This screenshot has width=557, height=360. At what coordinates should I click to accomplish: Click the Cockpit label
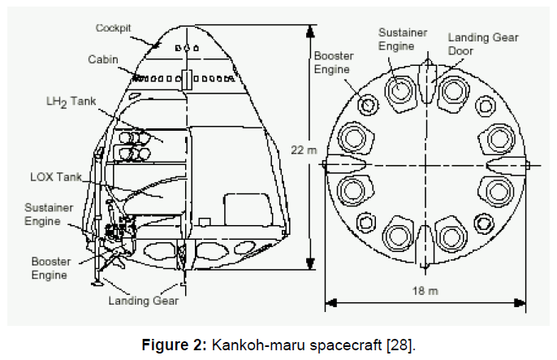(113, 28)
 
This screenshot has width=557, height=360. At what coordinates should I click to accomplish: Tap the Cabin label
(103, 59)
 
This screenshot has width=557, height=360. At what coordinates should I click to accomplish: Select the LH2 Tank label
(71, 102)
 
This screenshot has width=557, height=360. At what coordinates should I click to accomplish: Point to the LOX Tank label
(56, 177)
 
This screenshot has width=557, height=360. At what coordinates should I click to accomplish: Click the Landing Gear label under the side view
(144, 301)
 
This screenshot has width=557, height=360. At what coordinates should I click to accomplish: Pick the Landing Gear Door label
(483, 44)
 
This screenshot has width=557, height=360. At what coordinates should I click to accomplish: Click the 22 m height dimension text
(304, 150)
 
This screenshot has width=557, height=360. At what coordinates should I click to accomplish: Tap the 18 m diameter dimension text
(425, 291)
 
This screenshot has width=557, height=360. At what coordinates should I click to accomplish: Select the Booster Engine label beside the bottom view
(334, 63)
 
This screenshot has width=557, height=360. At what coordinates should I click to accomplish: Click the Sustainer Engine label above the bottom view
(403, 39)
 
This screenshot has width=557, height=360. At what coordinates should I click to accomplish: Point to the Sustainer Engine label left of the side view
(49, 215)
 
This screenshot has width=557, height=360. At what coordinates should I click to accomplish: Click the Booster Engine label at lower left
(51, 268)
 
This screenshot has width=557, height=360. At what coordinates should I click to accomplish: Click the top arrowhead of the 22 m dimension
(310, 31)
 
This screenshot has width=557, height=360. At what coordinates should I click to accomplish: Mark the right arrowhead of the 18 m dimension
(520, 303)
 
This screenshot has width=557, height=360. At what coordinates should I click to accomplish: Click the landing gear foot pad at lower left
(97, 284)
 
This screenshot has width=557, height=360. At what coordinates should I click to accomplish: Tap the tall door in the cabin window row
(187, 80)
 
